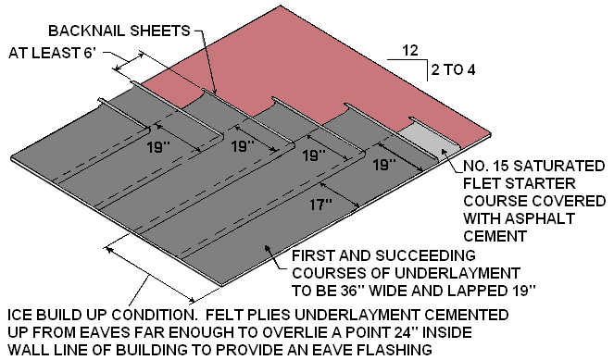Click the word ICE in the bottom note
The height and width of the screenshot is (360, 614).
click(x=19, y=315)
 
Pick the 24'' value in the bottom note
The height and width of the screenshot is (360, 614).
click(x=411, y=331)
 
